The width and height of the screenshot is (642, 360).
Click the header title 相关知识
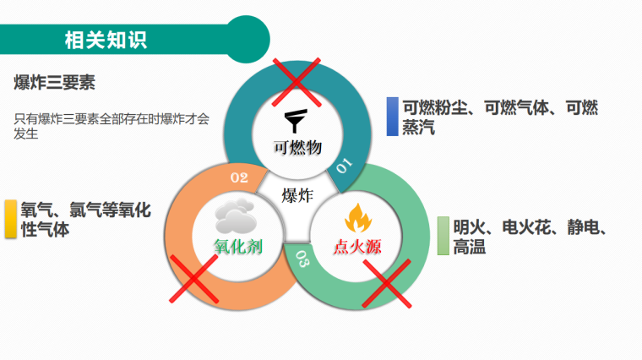(106, 40)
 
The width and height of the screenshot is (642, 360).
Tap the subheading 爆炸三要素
(54, 82)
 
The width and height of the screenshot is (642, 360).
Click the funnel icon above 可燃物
(296, 121)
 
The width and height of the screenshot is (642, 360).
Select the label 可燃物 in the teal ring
(297, 147)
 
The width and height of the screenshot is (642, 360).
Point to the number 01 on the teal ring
(344, 166)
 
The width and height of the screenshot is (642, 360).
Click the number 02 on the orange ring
(239, 177)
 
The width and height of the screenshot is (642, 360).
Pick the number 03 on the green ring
(302, 259)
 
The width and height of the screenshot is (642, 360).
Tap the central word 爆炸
(297, 195)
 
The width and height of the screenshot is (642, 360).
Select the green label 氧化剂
(238, 247)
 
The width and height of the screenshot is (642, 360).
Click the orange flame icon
(358, 218)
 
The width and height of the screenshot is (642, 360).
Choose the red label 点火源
(357, 247)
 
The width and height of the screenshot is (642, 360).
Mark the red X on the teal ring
(297, 82)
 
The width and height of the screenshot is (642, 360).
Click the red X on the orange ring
(193, 279)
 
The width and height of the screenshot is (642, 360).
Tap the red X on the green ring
(387, 283)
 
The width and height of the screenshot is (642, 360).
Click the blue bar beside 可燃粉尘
(392, 117)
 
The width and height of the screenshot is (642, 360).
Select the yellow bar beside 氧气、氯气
(11, 219)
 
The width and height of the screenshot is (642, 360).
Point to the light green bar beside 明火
(443, 236)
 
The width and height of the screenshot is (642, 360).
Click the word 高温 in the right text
(469, 247)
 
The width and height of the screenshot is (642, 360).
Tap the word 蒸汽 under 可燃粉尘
(418, 127)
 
